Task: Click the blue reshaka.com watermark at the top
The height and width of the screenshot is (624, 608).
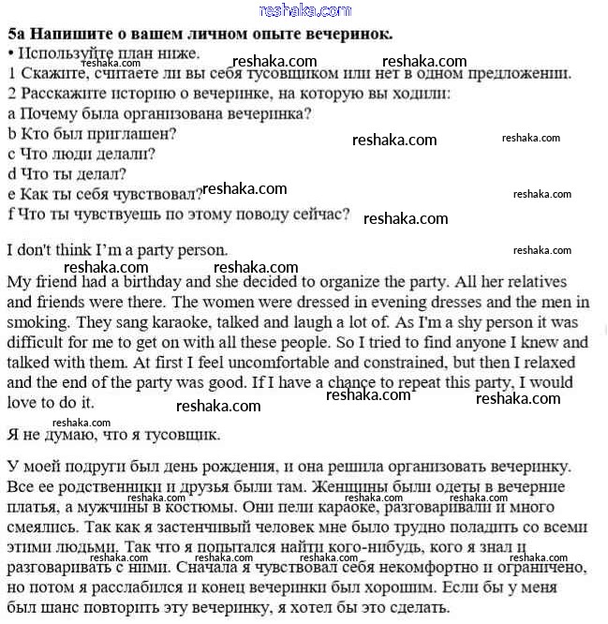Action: coord(304,10)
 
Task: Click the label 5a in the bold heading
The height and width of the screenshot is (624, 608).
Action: coord(16,34)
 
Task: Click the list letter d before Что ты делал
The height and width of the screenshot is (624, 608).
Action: coord(12,173)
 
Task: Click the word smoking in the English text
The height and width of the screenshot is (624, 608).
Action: coord(37,322)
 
